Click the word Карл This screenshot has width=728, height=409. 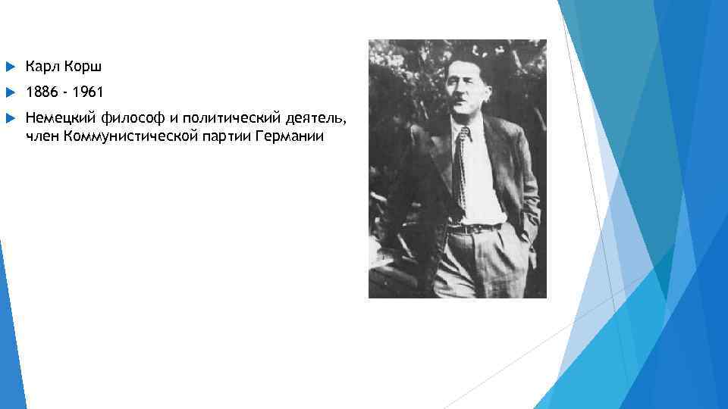tap(41, 67)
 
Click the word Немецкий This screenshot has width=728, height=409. tap(59, 118)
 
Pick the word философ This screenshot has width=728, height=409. tap(132, 118)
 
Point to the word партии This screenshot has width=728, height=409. tap(226, 136)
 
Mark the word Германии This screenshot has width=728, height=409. tap(291, 136)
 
